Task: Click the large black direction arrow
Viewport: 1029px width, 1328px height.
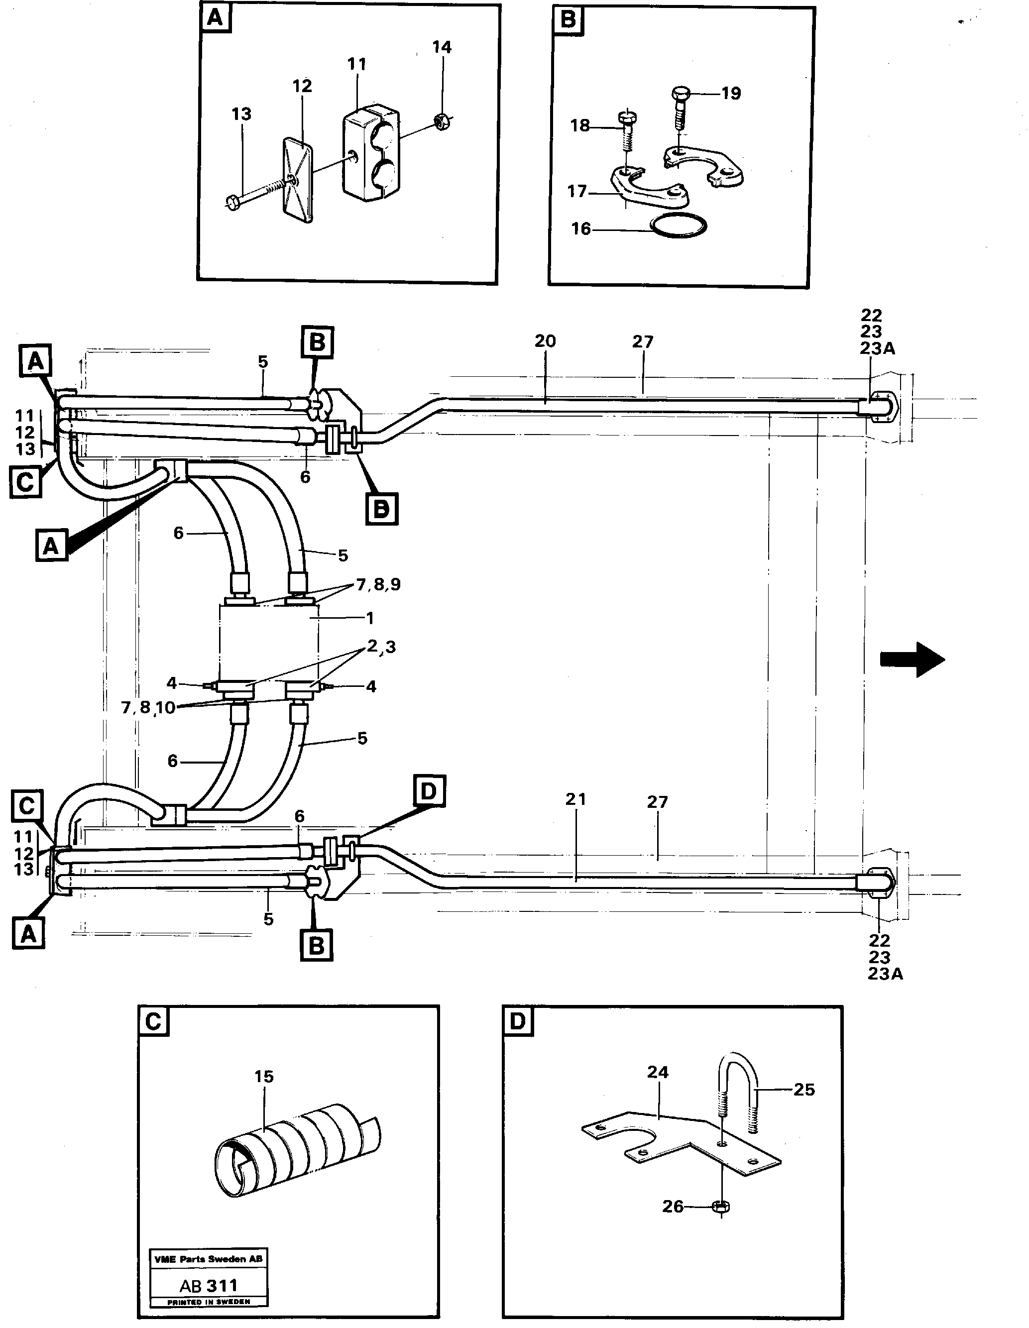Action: coord(912,659)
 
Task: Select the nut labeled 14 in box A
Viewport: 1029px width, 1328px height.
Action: coord(442,121)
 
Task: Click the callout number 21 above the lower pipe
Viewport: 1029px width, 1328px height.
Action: coord(575,799)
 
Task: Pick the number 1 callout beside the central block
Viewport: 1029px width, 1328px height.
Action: coord(370,618)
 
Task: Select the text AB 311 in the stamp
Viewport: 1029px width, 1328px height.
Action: coord(209,1285)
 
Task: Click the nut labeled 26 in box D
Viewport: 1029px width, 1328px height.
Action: coord(721,1207)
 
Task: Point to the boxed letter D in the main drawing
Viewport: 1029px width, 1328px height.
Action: coord(429,791)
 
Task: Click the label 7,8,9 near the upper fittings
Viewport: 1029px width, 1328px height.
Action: coord(378,584)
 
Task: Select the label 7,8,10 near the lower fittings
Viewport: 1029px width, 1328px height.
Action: coord(148,707)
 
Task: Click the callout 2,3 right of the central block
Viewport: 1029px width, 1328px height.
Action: coord(381,647)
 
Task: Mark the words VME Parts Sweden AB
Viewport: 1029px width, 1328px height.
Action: coord(209,1259)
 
